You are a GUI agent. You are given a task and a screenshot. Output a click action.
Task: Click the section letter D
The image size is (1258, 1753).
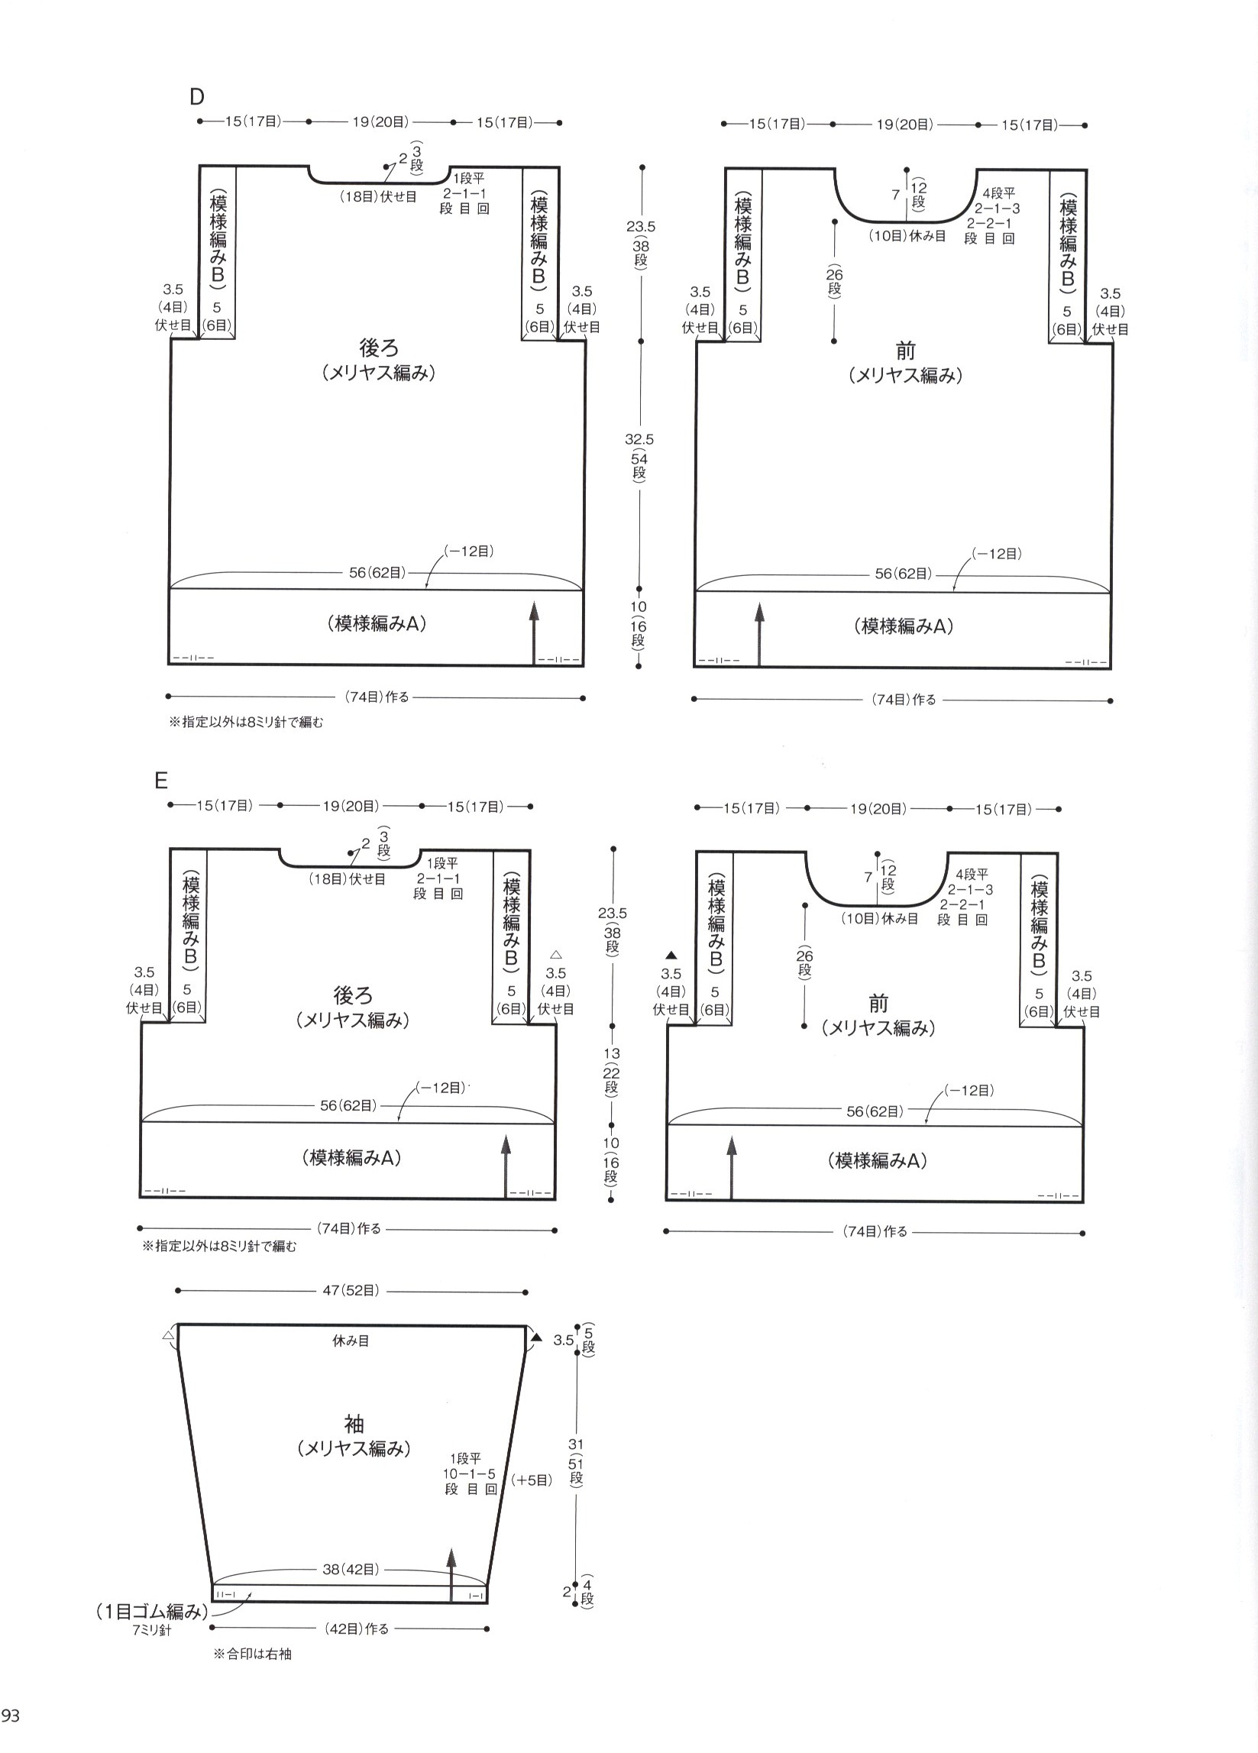[197, 98]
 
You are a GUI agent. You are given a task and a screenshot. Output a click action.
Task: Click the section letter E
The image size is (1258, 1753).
[160, 781]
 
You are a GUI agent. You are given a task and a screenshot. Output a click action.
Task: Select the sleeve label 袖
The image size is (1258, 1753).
[353, 1424]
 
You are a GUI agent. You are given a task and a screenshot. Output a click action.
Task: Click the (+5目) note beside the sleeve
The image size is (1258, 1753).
[532, 1480]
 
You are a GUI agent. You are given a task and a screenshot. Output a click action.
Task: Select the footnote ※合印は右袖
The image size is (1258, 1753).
[252, 1654]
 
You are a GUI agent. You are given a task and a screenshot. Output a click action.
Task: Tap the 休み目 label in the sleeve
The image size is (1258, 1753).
[351, 1341]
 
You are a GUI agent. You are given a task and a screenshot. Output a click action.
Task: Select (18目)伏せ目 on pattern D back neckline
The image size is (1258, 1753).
[378, 197]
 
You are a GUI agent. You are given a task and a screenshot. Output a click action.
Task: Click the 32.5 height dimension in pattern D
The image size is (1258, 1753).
[639, 439]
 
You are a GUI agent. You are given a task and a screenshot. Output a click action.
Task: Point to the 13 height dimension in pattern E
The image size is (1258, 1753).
[611, 1053]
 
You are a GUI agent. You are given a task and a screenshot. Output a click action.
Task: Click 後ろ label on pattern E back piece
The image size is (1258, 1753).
[353, 995]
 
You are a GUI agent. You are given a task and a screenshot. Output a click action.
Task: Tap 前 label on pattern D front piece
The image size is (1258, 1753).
[906, 351]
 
